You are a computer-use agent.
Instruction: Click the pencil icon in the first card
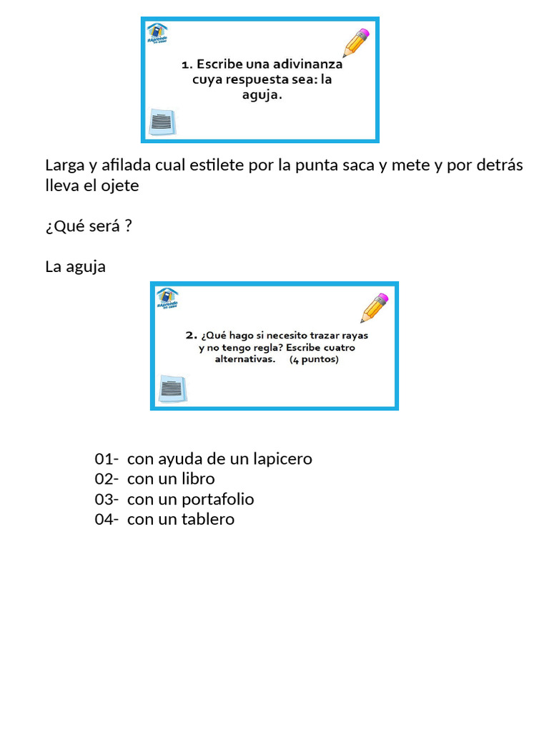[x=356, y=43]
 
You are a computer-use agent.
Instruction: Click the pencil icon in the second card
[x=375, y=308]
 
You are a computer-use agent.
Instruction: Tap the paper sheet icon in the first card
[x=162, y=122]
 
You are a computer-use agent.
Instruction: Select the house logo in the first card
[x=157, y=34]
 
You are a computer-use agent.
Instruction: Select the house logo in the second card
[x=167, y=298]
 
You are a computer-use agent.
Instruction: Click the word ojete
[x=119, y=185]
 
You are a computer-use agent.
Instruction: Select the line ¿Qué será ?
[x=89, y=226]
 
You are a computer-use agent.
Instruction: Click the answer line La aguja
[x=75, y=267]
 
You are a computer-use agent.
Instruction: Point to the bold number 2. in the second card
[x=191, y=334]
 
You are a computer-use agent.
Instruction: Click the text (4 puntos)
[x=314, y=360]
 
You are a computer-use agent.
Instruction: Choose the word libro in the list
[x=198, y=479]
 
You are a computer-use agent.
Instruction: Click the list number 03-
[x=107, y=500]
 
